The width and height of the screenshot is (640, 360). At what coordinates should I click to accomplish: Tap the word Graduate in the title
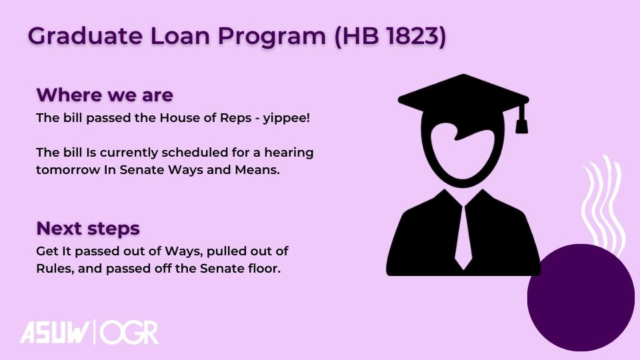point(85,36)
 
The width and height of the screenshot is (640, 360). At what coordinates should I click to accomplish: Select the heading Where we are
point(105,95)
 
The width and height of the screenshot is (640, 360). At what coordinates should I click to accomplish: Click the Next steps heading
point(88,228)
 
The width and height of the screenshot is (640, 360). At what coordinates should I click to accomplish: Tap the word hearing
point(289,153)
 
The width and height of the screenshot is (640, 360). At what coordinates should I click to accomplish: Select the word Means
point(257,170)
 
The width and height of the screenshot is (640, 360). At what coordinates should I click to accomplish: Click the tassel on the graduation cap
point(521,119)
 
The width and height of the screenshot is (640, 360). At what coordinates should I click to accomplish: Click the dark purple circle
point(581,297)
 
